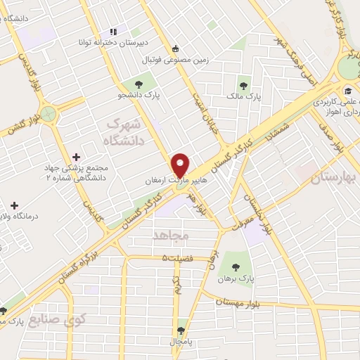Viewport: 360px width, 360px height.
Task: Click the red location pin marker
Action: click(181, 165)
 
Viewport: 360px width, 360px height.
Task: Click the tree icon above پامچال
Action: click(182, 330)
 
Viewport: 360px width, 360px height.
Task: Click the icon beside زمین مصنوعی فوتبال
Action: click(176, 49)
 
